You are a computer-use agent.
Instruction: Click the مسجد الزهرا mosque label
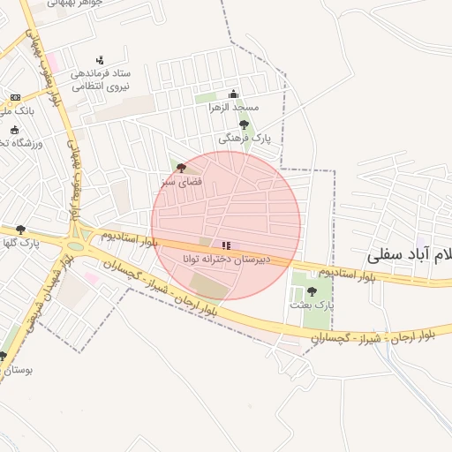point(233,107)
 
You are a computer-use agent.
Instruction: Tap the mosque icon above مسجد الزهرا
point(233,94)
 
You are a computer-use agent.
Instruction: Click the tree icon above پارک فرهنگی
point(244,125)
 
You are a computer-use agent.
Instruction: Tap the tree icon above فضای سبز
point(181,168)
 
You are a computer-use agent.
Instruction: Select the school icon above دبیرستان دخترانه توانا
point(226,245)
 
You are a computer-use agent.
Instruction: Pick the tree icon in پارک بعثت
point(310,290)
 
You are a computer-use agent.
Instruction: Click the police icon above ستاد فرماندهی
point(100,60)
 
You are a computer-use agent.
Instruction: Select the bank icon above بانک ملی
point(15,97)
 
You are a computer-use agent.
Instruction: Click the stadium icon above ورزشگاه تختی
point(15,130)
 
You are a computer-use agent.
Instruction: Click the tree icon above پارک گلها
point(20,230)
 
